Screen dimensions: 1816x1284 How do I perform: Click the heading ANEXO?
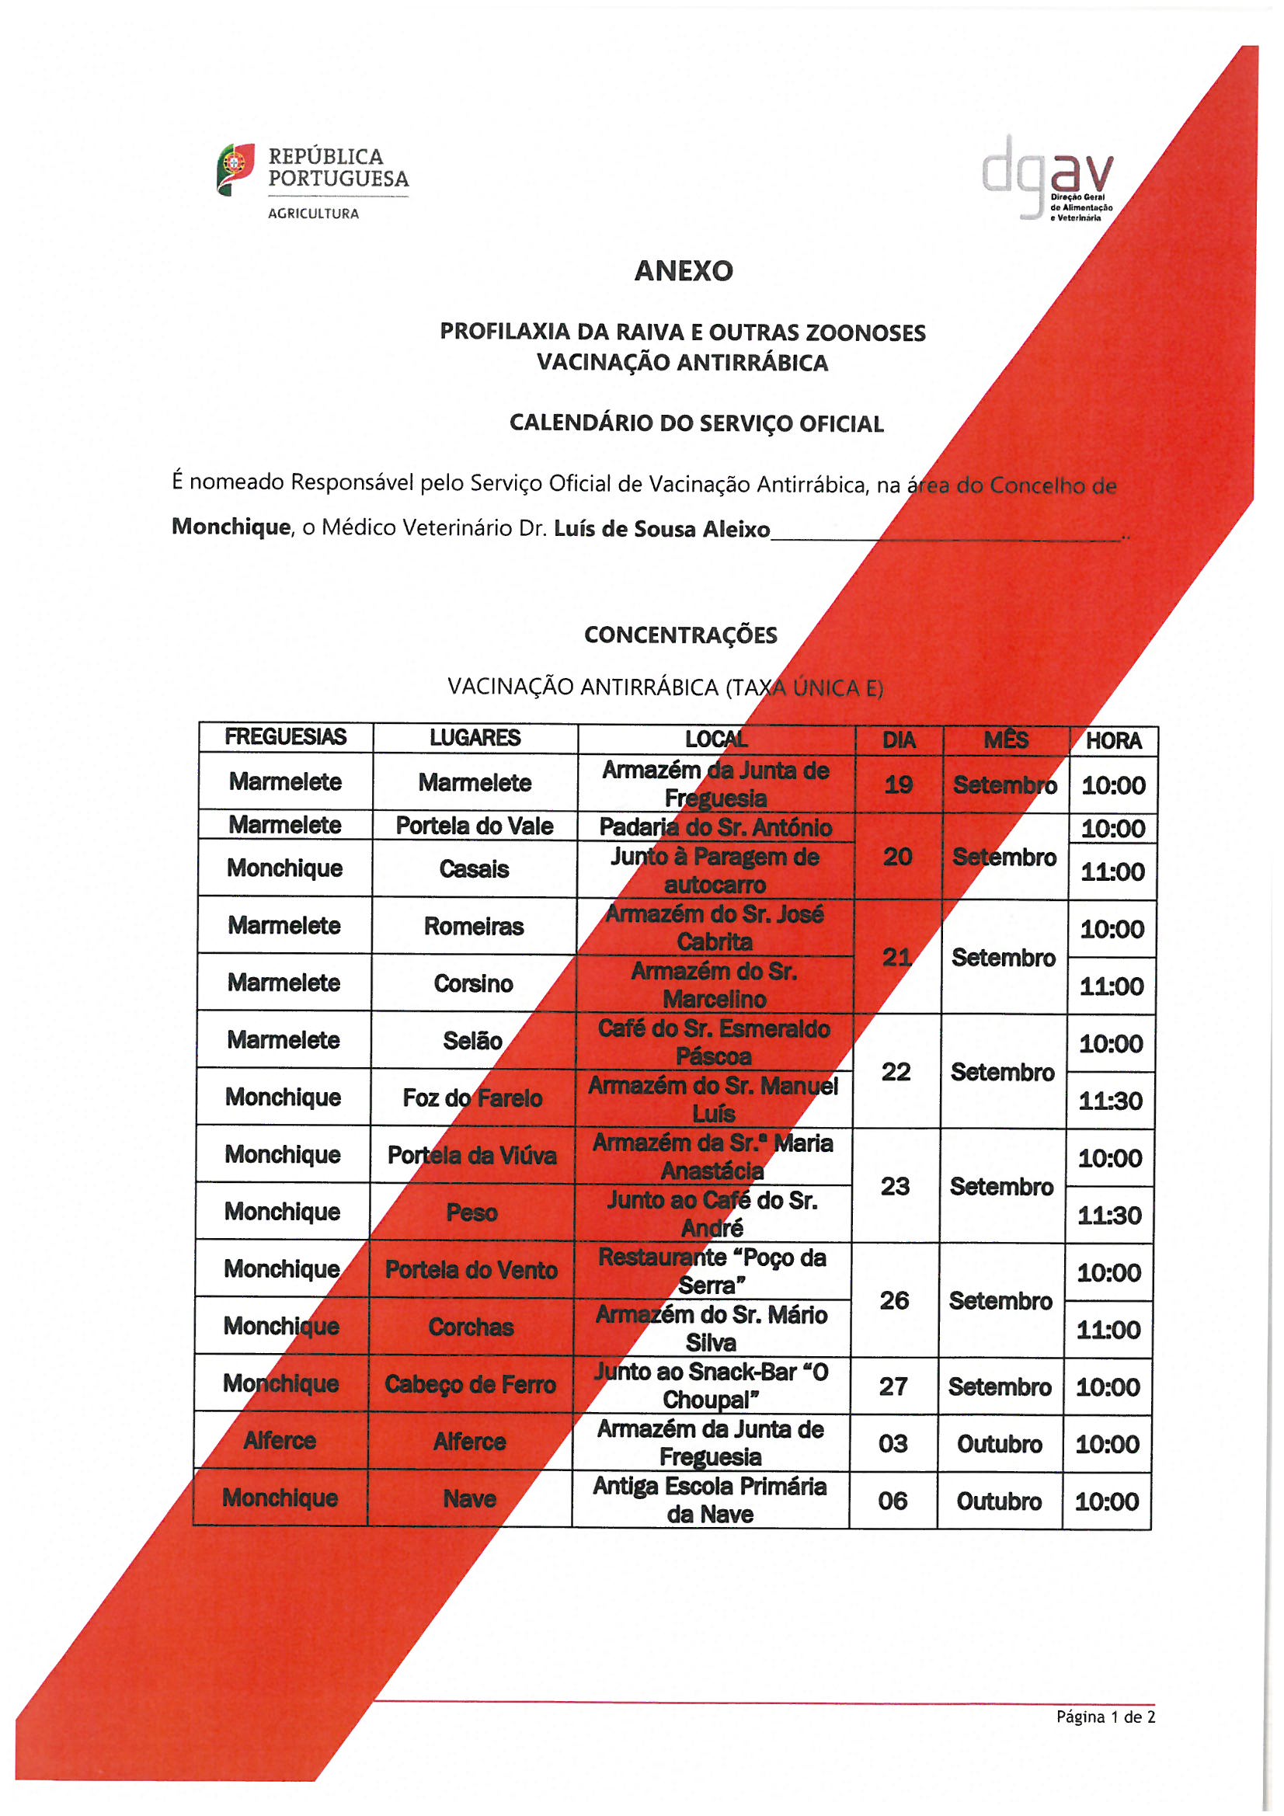[684, 271]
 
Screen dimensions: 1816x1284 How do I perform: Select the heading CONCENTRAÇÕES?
[680, 635]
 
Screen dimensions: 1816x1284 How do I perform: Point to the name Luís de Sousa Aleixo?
[661, 528]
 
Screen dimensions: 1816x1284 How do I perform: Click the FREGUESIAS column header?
[286, 737]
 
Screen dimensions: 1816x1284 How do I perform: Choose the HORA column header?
[1113, 741]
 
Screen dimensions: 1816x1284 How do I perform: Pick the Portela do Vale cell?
[475, 826]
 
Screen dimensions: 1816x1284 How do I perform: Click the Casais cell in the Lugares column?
[474, 869]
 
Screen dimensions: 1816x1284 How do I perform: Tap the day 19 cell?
[899, 784]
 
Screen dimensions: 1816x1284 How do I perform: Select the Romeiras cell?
[474, 926]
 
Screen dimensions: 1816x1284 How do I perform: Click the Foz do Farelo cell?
[472, 1098]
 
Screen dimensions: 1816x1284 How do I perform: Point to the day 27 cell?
[893, 1386]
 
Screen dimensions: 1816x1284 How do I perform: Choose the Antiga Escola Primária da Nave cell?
[710, 1500]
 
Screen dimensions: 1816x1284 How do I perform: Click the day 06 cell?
[893, 1501]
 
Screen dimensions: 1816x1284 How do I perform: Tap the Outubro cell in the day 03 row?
[999, 1444]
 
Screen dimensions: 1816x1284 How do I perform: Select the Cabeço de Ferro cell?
[470, 1384]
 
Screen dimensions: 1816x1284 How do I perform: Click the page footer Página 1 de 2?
[1105, 1717]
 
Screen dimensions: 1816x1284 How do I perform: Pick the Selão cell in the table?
[472, 1041]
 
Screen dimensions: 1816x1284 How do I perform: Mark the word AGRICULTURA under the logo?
[313, 214]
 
